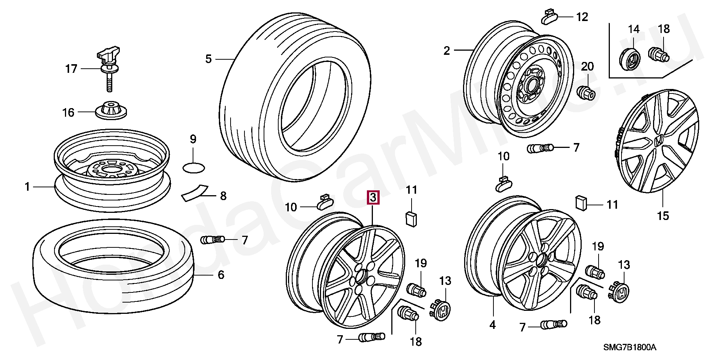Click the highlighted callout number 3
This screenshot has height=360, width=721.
[x=373, y=197]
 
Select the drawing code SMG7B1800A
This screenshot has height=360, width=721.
[x=630, y=347]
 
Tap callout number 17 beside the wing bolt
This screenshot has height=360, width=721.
[x=71, y=69]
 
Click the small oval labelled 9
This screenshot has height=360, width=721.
[x=193, y=167]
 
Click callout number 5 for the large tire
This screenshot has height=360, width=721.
[x=208, y=59]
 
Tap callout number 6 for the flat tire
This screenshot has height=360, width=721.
[x=221, y=275]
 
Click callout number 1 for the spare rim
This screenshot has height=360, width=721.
[x=27, y=187]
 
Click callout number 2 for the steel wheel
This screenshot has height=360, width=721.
[x=446, y=50]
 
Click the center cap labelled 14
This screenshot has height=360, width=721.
[x=629, y=59]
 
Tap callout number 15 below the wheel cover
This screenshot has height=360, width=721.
[x=663, y=215]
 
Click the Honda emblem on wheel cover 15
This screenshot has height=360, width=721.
[x=659, y=142]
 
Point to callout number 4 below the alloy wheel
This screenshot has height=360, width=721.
[x=492, y=325]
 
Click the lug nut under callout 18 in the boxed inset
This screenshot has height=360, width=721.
[x=659, y=55]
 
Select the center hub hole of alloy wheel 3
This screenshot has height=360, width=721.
[x=361, y=278]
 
